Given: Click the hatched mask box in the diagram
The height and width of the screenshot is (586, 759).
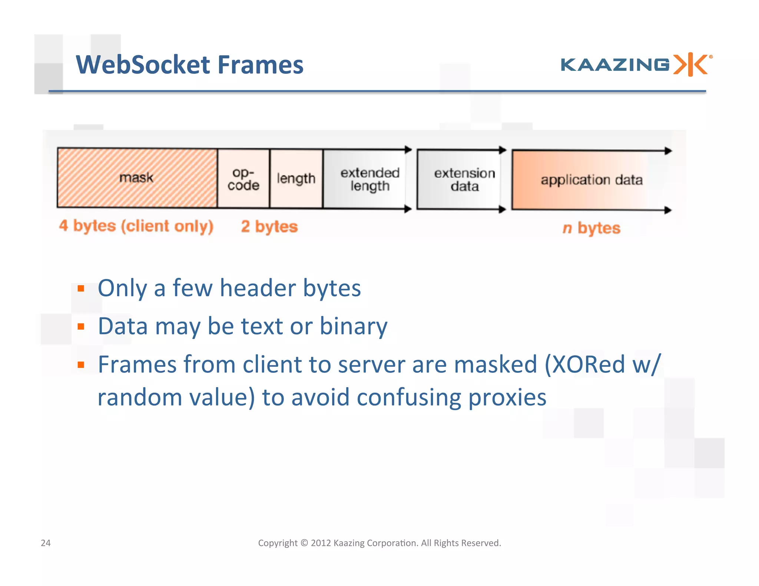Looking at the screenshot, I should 137,178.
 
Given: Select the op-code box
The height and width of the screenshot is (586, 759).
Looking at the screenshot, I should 243,179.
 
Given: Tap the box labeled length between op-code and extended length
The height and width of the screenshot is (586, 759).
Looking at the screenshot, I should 296,179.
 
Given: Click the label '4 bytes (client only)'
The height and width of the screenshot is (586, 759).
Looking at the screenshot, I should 136,226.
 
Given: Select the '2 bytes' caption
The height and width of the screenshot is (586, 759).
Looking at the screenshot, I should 269,226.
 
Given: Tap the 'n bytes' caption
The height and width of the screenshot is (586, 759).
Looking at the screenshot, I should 591,228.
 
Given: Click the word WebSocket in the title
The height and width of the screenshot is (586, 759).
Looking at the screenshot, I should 143,65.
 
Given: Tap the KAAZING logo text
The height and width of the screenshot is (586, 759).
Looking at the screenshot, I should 615,65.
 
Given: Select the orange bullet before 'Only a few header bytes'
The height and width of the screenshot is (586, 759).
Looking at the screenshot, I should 81,288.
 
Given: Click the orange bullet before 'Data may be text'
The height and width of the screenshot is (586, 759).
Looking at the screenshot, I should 81,326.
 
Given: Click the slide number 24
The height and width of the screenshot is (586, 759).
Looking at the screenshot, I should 46,543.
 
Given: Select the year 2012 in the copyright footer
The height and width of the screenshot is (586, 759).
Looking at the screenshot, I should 321,543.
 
